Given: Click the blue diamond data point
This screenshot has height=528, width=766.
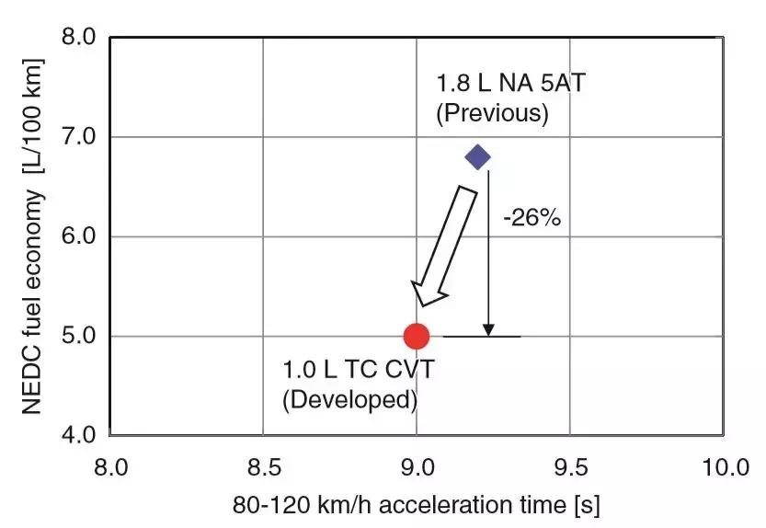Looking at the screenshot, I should pyautogui.click(x=478, y=157).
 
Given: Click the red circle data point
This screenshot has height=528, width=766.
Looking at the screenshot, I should pyautogui.click(x=417, y=337).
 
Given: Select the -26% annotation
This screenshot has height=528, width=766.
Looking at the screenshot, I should pyautogui.click(x=532, y=220).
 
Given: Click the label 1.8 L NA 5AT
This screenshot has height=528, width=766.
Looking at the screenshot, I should pyautogui.click(x=510, y=85).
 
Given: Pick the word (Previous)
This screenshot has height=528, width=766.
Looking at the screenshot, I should pyautogui.click(x=492, y=113).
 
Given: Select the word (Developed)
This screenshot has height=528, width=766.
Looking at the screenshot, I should pyautogui.click(x=349, y=401).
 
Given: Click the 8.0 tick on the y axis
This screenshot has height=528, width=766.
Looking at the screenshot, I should pyautogui.click(x=78, y=38).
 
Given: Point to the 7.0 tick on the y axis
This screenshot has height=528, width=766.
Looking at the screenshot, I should pyautogui.click(x=78, y=137).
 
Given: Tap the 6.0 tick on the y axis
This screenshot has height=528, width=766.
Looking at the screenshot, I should pyautogui.click(x=78, y=236).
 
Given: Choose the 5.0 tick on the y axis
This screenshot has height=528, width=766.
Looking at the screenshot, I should pyautogui.click(x=78, y=336).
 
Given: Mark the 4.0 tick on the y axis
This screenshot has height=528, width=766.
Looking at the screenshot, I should pyautogui.click(x=78, y=434).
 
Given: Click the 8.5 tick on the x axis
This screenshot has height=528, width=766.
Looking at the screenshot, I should pyautogui.click(x=263, y=468).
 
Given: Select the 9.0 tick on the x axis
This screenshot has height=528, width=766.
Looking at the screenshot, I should pyautogui.click(x=417, y=468).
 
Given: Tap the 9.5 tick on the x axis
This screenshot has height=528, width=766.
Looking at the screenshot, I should pyautogui.click(x=572, y=468).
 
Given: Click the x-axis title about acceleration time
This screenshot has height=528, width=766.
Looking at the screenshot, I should pyautogui.click(x=417, y=505).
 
